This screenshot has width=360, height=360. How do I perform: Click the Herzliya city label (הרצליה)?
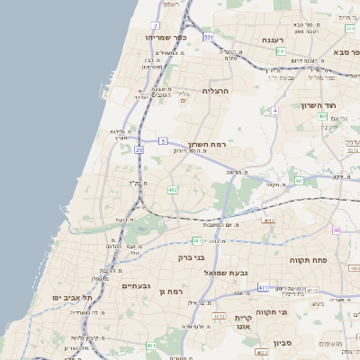click(217, 91)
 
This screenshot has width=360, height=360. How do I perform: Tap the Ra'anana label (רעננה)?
click(274, 40)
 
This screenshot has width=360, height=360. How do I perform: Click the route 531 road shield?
click(208, 37)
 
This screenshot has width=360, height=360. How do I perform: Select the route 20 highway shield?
click(139, 150)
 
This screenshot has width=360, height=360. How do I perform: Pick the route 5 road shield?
click(163, 140)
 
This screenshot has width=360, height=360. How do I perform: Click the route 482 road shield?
click(172, 190)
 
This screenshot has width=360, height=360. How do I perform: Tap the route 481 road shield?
click(197, 241)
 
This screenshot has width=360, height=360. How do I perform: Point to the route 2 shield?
click(155, 25)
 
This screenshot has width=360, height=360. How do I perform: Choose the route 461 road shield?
click(151, 346)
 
